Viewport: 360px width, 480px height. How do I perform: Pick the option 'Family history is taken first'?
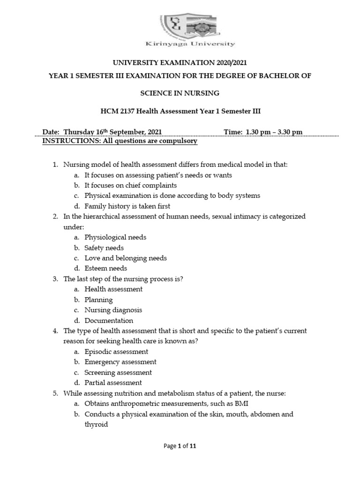point(127,206)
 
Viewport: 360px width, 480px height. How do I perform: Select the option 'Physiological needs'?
point(115,237)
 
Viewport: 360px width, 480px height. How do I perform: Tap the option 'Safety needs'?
point(104,247)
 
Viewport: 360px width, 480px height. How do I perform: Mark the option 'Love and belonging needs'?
point(126,258)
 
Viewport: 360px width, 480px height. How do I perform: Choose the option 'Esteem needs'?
point(105,269)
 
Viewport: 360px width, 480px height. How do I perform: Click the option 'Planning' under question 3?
point(98,300)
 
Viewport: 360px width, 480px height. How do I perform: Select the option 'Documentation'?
point(109,321)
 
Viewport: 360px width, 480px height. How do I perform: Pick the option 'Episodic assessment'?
point(116,352)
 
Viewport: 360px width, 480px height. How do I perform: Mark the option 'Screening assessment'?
point(118,372)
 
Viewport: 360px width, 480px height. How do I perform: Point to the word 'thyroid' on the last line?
point(96,424)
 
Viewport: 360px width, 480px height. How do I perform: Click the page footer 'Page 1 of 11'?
point(180,446)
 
